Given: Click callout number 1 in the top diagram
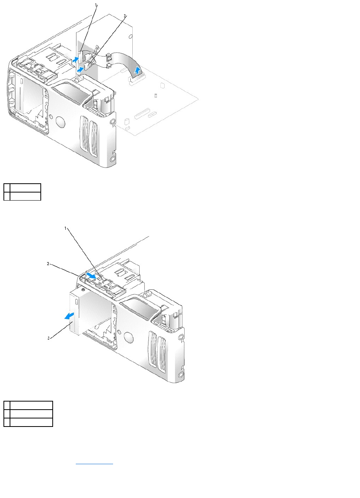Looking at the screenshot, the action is coord(96,5).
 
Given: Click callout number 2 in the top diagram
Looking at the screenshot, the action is coord(125,15).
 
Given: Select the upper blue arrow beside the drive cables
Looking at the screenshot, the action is coord(76,59).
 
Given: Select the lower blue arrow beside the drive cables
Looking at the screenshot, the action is coord(80,70).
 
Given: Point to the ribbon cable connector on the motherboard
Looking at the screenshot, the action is coord(136,80).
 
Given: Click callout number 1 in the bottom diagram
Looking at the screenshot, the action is coord(65,228).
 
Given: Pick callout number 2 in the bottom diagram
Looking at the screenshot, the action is coord(48,264).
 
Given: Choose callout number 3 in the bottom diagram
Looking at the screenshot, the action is coord(48,339).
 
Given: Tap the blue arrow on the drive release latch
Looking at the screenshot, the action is coord(92,276).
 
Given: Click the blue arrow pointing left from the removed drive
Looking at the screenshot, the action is coord(69,316).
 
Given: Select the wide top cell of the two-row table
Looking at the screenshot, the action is coord(25,188).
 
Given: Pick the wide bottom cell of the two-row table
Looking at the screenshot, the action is coord(25,196).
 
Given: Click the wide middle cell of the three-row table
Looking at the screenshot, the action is coord(32,414).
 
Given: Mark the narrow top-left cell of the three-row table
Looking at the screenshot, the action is coord(7,405).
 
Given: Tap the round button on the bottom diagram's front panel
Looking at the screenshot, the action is coord(129,337).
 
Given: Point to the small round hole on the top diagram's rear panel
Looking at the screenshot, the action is coord(131,36).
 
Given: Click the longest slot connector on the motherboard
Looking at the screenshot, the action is coord(142,113).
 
